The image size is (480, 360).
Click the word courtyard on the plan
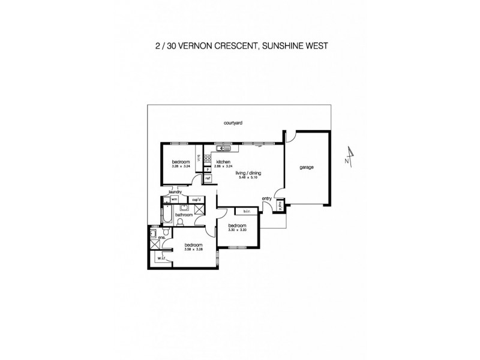coord(232,122)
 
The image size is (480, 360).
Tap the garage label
coord(307,167)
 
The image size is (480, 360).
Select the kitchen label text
coord(224,162)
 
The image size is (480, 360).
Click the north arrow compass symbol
coord(349,157)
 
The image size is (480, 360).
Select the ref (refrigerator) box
coord(208,178)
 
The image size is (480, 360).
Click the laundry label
coord(175,192)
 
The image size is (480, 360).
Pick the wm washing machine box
coord(175,199)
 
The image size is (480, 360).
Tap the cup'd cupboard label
coord(196,199)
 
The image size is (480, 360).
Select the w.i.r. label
coord(161,259)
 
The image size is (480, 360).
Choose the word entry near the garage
coord(266,198)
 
